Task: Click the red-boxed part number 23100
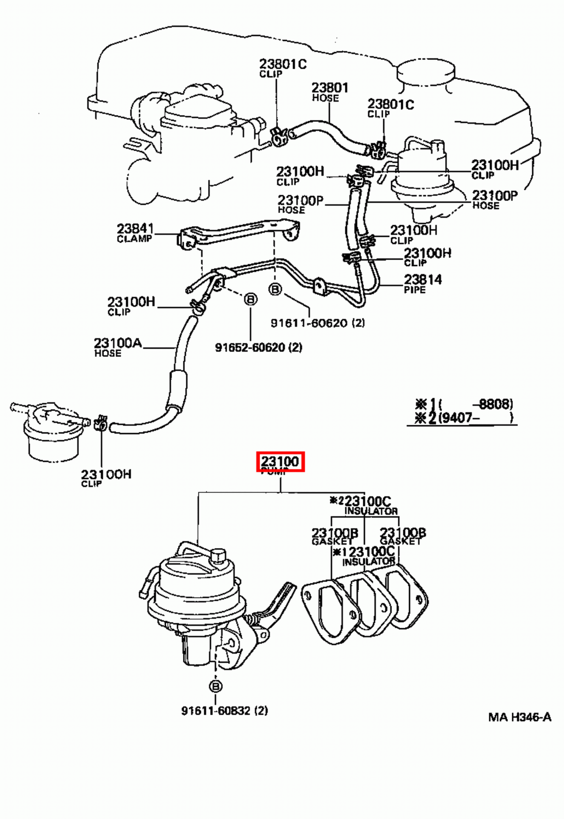click(x=280, y=462)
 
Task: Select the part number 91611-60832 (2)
click(x=224, y=710)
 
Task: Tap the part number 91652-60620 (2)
click(x=258, y=348)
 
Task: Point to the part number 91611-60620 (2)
click(x=317, y=323)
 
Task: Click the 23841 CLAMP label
click(x=135, y=232)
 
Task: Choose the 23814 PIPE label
click(x=422, y=283)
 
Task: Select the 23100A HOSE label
click(x=117, y=347)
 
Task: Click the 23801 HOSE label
click(x=330, y=92)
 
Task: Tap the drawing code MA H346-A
click(x=519, y=717)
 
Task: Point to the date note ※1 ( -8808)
click(x=463, y=404)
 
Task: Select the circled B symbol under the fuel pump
click(x=215, y=686)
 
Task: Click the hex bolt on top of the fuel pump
click(x=218, y=555)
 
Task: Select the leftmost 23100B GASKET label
click(x=334, y=536)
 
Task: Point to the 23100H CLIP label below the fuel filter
click(x=106, y=477)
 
